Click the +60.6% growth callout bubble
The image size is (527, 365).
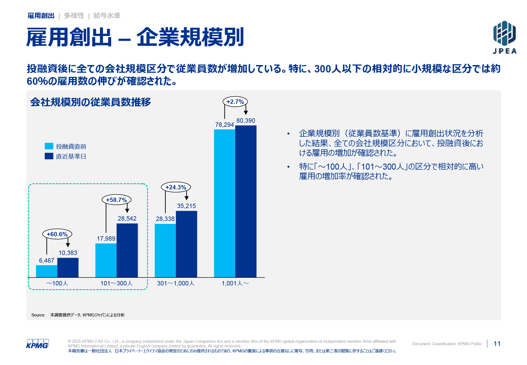point(57,234)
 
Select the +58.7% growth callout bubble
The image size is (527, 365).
point(116,200)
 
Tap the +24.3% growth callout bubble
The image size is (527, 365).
point(176,187)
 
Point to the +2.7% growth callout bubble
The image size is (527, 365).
point(235,102)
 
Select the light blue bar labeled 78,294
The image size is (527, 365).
point(225,203)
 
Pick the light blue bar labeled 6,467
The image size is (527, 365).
point(47,271)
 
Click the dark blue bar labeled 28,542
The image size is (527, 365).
point(127,250)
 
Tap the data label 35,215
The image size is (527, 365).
point(186,206)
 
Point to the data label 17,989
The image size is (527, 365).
point(106,238)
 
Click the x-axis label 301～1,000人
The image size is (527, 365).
point(176,283)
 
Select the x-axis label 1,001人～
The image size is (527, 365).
point(235,283)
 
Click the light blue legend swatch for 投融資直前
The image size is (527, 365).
point(49,146)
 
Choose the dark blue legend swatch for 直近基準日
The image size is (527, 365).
point(49,156)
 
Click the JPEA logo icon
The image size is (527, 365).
point(504,33)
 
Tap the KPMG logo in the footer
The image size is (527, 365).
point(37,344)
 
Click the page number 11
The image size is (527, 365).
point(497,344)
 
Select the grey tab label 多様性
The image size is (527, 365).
point(74,16)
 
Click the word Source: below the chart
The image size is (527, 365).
point(38,315)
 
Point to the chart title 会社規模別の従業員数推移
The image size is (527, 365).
point(91,102)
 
